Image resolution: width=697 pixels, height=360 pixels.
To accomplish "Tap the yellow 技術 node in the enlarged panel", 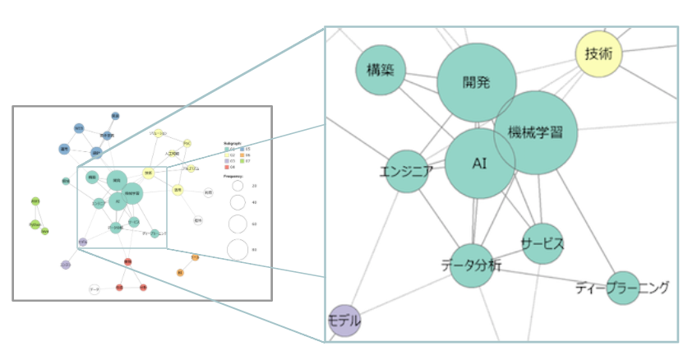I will (598, 54).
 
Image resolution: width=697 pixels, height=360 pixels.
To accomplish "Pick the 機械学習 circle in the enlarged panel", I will (536, 132).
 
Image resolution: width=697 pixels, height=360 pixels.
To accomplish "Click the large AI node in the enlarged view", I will (481, 163).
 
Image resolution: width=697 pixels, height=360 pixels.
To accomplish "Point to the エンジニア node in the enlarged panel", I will (407, 172).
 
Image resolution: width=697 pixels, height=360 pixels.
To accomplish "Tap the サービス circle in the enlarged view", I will (542, 243).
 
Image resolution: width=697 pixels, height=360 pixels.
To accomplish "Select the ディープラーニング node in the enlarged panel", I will (622, 288).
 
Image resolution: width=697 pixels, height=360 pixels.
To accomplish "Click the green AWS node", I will (35, 201).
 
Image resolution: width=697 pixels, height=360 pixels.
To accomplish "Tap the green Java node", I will (45, 232).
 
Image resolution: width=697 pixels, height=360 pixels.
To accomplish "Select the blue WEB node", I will (79, 129).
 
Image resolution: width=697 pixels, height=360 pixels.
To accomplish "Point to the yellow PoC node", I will (187, 144).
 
